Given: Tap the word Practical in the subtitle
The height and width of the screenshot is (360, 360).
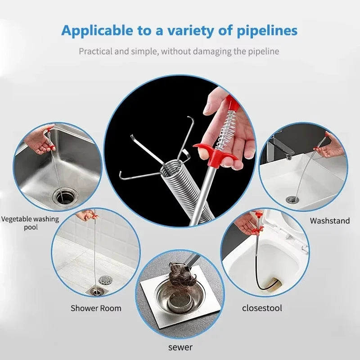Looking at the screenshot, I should tap(96, 51).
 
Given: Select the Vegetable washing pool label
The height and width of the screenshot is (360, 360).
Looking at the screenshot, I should tap(30, 223).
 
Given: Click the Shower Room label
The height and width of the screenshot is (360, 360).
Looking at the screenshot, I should tap(96, 308).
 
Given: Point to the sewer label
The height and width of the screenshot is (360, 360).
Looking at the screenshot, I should tap(180, 347).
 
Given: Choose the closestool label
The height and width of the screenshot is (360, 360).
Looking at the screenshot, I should tap(262, 308).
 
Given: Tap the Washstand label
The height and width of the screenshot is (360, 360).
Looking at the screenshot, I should tap(330, 220).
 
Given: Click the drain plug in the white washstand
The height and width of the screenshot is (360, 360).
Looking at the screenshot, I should tap(292, 199).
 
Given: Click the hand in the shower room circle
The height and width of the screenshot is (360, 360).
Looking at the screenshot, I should tap(86, 216).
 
